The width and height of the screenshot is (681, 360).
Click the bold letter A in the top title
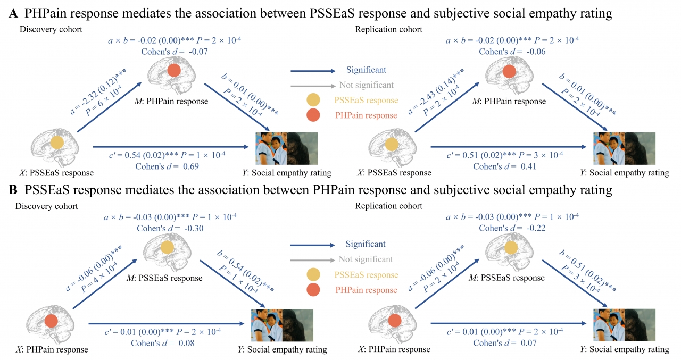point(13,14)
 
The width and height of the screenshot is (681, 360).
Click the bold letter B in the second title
point(13,190)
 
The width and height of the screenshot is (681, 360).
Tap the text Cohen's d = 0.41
point(505,166)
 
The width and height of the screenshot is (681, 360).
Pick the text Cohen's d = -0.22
point(512,228)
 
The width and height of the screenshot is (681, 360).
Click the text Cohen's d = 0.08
point(162,343)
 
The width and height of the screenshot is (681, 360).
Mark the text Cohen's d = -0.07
point(174,52)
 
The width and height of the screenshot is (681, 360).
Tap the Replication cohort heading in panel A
point(388,29)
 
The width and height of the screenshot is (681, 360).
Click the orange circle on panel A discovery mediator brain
point(173,71)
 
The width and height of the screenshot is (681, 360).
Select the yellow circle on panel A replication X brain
point(392,144)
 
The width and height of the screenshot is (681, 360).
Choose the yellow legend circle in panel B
point(314,275)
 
